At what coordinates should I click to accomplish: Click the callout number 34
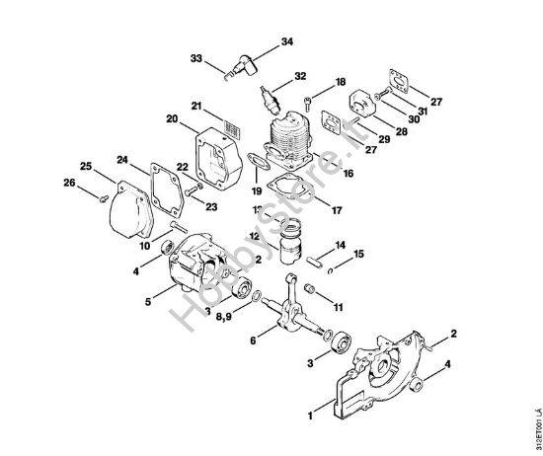coord(287,42)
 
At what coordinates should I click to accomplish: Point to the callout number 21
coord(197,106)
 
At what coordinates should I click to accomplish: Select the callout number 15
coord(358,255)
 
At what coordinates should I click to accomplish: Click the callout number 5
coord(148,303)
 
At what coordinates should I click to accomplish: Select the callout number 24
coord(122,158)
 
